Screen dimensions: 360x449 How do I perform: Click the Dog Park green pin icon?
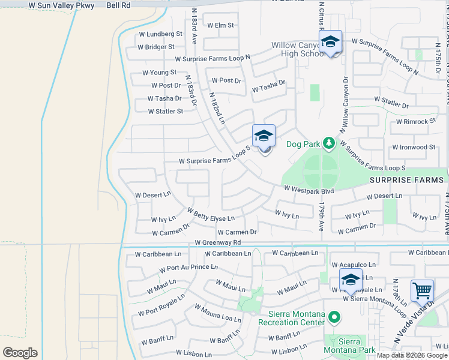[328, 143]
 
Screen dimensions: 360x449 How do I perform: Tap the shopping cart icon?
[422, 292]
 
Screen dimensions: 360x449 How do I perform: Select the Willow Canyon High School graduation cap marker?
[330, 42]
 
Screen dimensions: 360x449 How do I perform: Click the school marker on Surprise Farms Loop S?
[264, 137]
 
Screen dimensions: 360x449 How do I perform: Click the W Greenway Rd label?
[218, 242]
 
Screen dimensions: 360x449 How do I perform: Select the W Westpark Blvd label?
[309, 188]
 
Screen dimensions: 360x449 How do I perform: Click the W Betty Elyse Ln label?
[210, 214]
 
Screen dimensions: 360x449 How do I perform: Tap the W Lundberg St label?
[160, 34]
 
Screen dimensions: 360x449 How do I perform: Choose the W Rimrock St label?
[415, 121]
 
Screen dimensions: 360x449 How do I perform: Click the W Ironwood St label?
[414, 147]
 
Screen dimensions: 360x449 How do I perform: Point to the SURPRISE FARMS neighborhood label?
[407, 180]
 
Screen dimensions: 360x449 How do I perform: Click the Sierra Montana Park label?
[349, 345]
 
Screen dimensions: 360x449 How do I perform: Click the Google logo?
[20, 353]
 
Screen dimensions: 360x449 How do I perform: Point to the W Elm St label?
[220, 25]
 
